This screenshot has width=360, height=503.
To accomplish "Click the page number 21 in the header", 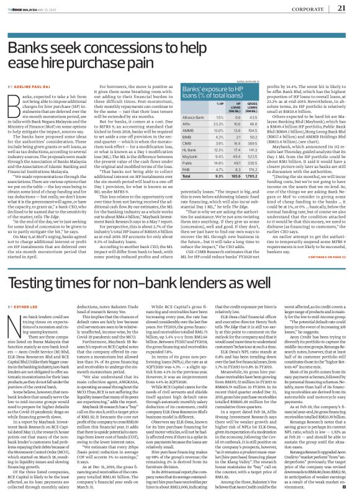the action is click(x=341, y=8).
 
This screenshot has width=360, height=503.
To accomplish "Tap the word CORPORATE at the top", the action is click(x=309, y=9).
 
